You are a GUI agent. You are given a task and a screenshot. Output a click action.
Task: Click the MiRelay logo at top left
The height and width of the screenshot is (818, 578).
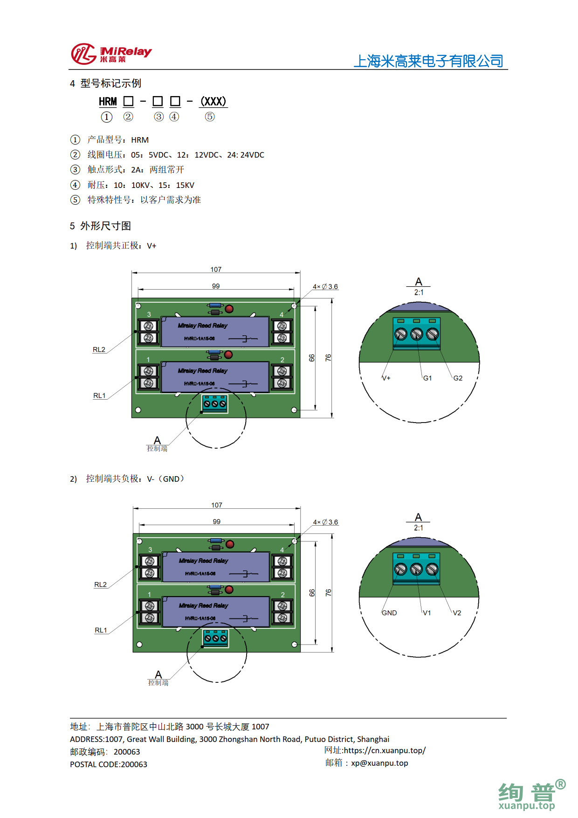[x=111, y=54]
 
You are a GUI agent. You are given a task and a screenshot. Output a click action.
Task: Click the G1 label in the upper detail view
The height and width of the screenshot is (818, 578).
[x=427, y=378]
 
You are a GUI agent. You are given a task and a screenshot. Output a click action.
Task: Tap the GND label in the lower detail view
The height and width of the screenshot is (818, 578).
[x=389, y=613]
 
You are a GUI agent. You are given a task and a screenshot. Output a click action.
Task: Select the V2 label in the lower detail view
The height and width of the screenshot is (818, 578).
[x=457, y=613]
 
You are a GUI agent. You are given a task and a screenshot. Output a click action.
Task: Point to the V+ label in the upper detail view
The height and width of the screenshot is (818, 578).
[x=386, y=378]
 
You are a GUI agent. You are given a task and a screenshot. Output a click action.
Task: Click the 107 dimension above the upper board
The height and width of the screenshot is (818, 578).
[x=216, y=270]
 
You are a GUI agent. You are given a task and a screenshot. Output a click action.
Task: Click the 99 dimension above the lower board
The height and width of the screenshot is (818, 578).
[x=217, y=521]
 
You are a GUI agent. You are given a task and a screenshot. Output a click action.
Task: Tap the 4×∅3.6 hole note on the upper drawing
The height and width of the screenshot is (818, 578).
[x=325, y=286]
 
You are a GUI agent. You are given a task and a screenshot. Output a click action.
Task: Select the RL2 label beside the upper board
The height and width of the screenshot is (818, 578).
[x=99, y=349]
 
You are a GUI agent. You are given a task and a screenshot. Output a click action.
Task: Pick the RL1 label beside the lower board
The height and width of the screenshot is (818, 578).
[x=101, y=630]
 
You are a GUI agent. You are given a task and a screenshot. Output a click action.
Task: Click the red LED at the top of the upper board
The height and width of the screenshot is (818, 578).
[x=229, y=309]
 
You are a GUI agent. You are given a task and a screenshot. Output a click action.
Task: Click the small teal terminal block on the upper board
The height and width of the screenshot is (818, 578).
[x=215, y=403]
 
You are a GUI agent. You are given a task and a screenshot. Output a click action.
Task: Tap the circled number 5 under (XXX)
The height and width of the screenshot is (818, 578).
[x=210, y=117]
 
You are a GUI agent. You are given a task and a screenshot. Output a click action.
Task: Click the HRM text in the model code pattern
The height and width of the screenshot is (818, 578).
[x=108, y=102]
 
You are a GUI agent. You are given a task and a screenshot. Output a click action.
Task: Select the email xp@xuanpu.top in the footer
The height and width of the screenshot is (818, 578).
[x=379, y=763]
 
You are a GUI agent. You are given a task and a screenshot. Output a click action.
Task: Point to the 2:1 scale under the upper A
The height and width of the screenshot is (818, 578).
[x=419, y=292]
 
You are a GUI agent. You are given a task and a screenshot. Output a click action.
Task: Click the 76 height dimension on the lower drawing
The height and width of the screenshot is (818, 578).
[x=328, y=592]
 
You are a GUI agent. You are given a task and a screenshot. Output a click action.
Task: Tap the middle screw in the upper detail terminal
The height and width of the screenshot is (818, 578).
[x=416, y=334]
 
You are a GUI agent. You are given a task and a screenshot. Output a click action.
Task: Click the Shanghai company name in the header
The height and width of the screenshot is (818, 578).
[x=428, y=61]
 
